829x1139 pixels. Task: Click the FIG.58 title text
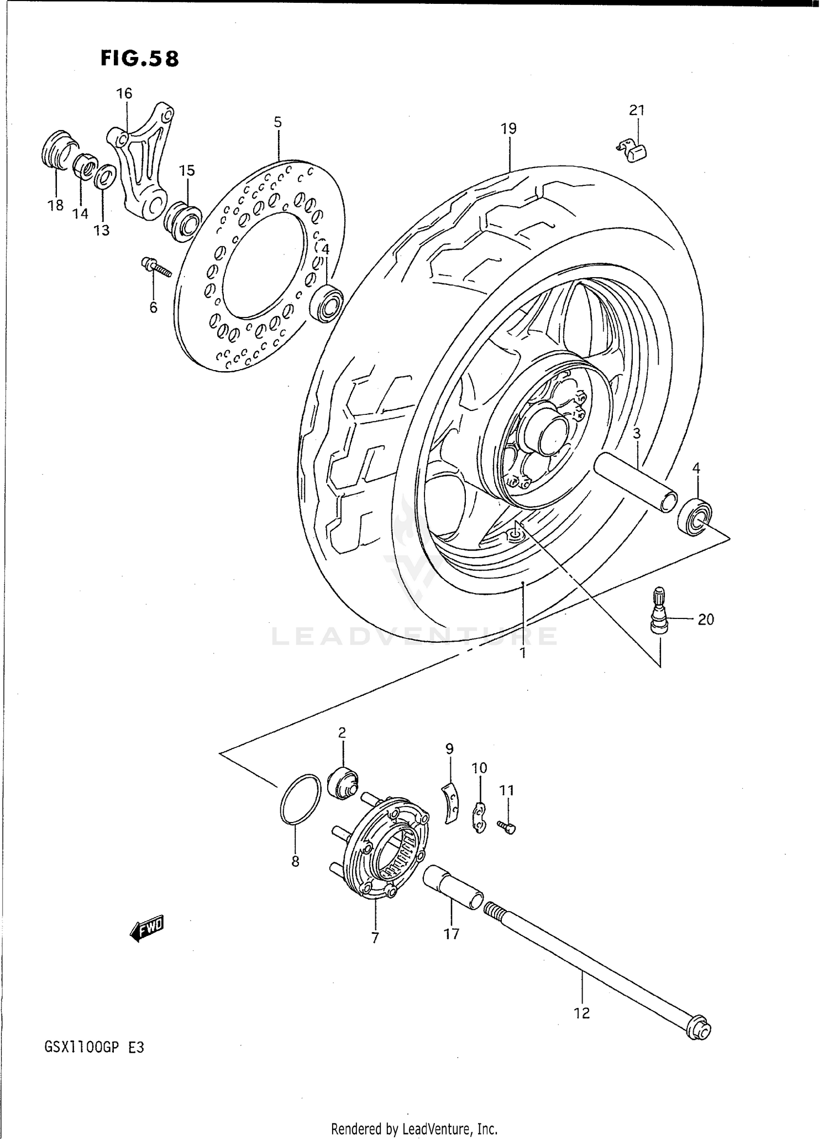click(140, 59)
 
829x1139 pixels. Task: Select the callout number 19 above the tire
click(508, 129)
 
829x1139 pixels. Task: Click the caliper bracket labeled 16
click(141, 160)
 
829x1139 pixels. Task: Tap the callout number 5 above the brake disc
click(277, 122)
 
